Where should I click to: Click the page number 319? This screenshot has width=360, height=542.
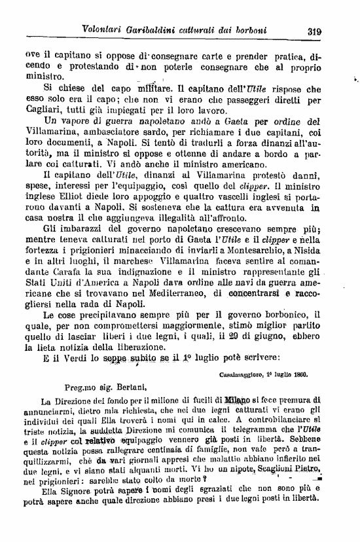[316, 29]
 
